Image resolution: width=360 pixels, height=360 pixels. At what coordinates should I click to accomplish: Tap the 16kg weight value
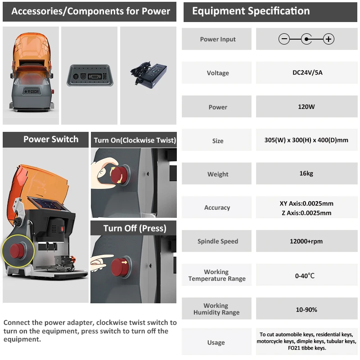306,174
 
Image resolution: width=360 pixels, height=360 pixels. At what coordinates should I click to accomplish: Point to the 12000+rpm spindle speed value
306,241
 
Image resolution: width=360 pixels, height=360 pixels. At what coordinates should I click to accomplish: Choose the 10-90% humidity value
306,310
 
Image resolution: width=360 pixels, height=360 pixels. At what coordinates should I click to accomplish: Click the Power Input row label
218,39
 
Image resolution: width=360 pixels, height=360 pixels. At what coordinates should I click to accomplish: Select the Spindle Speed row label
217,241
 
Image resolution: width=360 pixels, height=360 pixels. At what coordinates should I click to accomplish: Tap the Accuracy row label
217,207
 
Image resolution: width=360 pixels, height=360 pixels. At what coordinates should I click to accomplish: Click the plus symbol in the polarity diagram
329,39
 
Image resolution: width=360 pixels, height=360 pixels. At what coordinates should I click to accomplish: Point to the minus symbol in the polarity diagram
284,39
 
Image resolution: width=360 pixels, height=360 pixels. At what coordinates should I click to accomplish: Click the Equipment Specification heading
251,11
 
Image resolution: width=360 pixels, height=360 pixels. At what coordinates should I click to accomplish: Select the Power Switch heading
51,139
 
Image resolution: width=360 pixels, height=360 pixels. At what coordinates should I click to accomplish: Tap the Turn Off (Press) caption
135,228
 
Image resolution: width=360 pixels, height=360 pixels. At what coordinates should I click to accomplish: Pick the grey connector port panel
89,75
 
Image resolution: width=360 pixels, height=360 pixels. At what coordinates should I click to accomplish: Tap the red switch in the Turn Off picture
120,266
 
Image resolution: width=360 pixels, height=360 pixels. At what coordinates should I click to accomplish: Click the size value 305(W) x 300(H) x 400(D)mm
306,140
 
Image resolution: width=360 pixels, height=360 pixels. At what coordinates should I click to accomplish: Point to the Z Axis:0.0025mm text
306,213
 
